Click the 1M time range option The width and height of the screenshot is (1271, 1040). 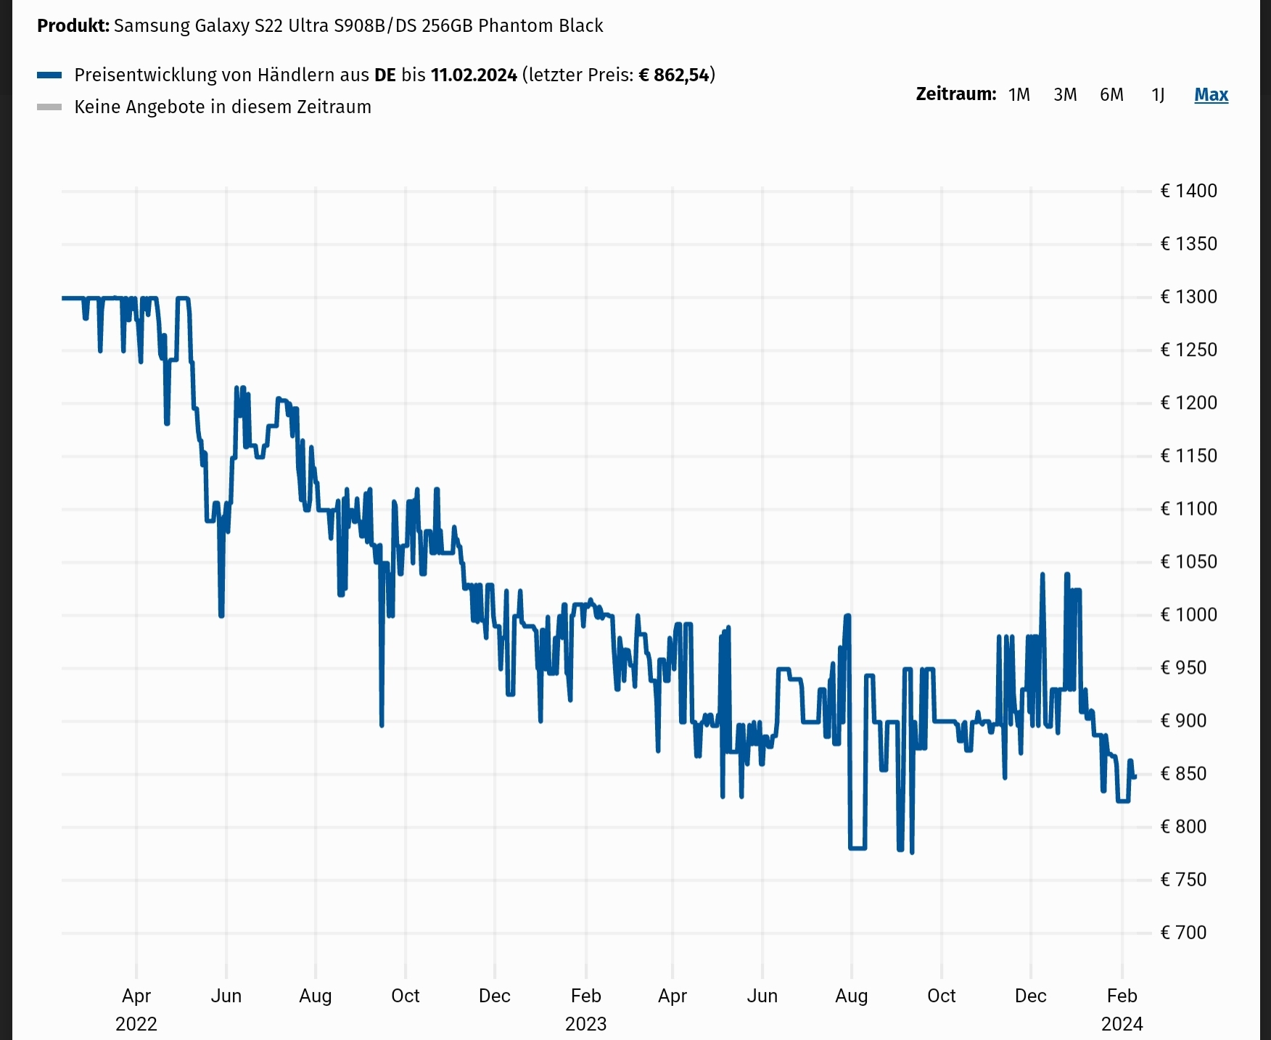[x=1019, y=95]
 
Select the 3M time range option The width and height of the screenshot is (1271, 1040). [x=1065, y=95]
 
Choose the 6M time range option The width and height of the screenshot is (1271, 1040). [x=1111, y=95]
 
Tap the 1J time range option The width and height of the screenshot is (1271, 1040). [x=1158, y=95]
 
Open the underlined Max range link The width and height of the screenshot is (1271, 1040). [x=1211, y=95]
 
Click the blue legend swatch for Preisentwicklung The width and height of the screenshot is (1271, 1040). [x=49, y=75]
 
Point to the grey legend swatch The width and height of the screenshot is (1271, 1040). [x=49, y=107]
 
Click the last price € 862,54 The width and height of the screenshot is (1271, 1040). [x=673, y=75]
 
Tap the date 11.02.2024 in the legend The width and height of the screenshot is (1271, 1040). [x=474, y=75]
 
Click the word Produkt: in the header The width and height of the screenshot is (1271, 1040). [x=73, y=26]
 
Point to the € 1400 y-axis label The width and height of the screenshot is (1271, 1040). [x=1188, y=191]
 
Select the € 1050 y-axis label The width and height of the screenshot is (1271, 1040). [x=1188, y=561]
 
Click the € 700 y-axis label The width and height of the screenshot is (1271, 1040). [x=1183, y=932]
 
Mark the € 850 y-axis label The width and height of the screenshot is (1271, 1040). [x=1183, y=773]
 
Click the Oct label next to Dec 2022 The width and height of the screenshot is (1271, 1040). [x=405, y=996]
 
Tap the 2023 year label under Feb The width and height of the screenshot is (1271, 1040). [x=585, y=1024]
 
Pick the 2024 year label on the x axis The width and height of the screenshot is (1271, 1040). [x=1122, y=1024]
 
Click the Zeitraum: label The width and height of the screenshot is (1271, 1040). [x=955, y=94]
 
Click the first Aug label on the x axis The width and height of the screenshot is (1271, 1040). [x=315, y=996]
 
